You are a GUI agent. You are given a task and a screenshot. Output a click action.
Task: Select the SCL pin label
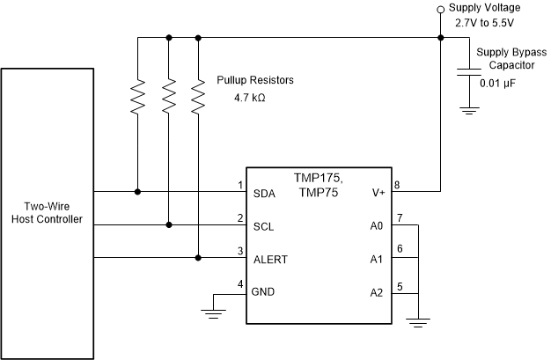point(262,225)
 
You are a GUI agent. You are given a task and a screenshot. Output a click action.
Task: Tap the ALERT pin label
point(269,259)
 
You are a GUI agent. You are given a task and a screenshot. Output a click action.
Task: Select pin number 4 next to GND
point(239,283)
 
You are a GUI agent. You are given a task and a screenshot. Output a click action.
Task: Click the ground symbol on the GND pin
point(214,309)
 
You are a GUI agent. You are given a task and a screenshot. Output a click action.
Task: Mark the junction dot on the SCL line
point(168,224)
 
